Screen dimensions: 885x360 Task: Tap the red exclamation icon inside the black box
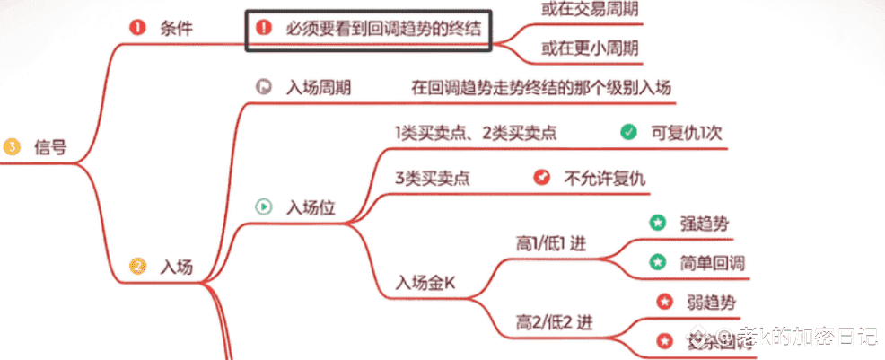[263, 28]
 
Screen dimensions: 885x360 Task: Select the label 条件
[177, 28]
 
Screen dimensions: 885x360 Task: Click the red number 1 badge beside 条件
[136, 27]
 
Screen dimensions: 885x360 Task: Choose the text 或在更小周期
[588, 48]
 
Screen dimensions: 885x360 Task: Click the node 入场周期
[318, 88]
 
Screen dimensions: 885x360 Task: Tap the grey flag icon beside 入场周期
[264, 87]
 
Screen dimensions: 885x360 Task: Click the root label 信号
[50, 146]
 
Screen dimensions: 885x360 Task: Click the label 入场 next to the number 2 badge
[176, 266]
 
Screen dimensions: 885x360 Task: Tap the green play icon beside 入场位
[264, 206]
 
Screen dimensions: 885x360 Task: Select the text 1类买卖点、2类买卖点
[476, 133]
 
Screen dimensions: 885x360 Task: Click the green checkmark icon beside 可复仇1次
[628, 132]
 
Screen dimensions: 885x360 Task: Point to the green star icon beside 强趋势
[657, 222]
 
